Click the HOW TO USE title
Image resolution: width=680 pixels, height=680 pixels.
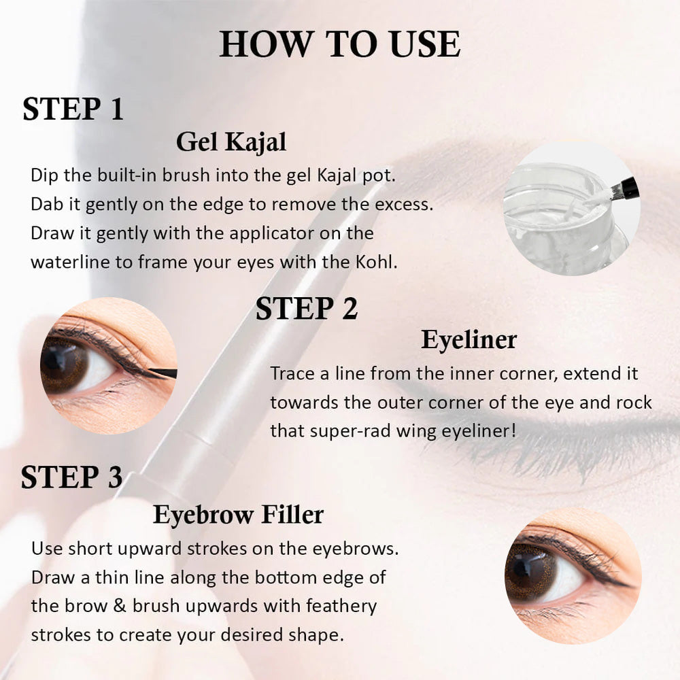[339, 44]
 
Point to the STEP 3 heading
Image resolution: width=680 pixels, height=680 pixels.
[71, 477]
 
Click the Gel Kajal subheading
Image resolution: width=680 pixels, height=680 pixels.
[231, 142]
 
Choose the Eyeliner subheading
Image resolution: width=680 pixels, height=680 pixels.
[469, 339]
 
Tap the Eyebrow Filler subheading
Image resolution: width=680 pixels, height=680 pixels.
[238, 515]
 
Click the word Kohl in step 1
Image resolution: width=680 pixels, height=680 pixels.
[376, 262]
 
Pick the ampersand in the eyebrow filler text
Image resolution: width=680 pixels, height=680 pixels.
[120, 606]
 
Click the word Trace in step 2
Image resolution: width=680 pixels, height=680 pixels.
[292, 373]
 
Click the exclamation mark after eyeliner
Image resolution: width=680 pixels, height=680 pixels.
[514, 430]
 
